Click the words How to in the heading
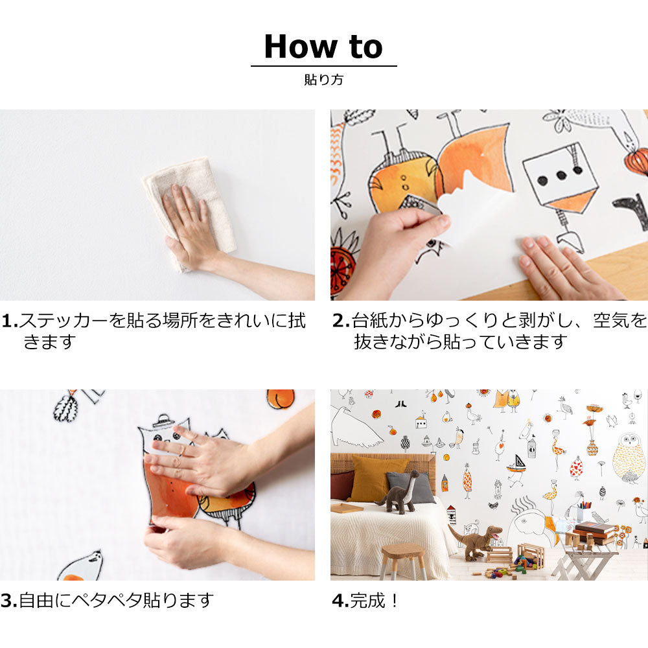tap(323, 47)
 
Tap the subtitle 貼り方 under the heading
tap(323, 80)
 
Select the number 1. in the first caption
tap(9, 321)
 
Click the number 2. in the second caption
tap(341, 321)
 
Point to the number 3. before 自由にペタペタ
tap(8, 601)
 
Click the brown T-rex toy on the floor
tap(476, 541)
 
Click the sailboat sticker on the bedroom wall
tap(516, 464)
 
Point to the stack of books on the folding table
tap(594, 532)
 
